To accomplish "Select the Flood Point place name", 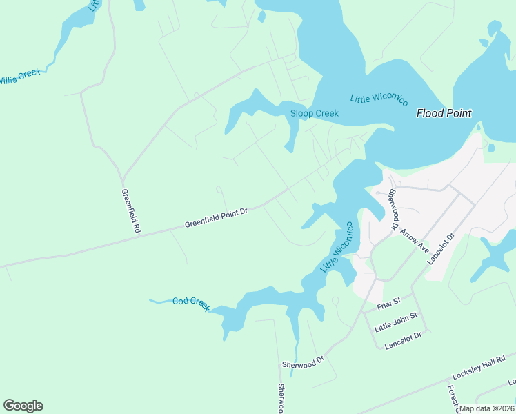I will click(x=444, y=113).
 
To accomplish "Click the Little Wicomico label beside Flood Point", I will click(x=379, y=99).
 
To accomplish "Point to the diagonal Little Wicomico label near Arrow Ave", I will click(x=337, y=247).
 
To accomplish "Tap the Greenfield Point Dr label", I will click(x=216, y=218).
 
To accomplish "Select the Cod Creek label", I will click(x=191, y=304).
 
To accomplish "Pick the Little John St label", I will click(x=396, y=321).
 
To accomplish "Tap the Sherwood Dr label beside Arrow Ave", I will click(x=394, y=210).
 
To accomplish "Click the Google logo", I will click(x=23, y=406).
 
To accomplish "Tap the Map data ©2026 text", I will click(x=487, y=408).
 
